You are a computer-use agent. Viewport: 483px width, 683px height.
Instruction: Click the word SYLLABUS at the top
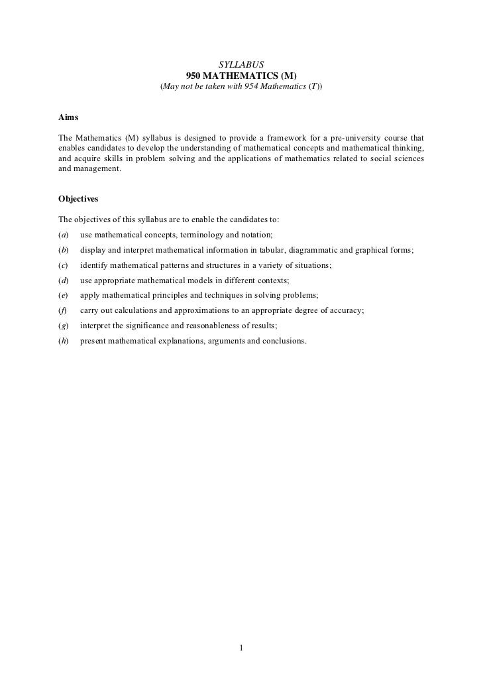click(241, 64)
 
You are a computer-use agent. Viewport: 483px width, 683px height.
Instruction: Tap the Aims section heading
click(68, 117)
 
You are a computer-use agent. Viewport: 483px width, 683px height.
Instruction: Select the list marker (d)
click(64, 280)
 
